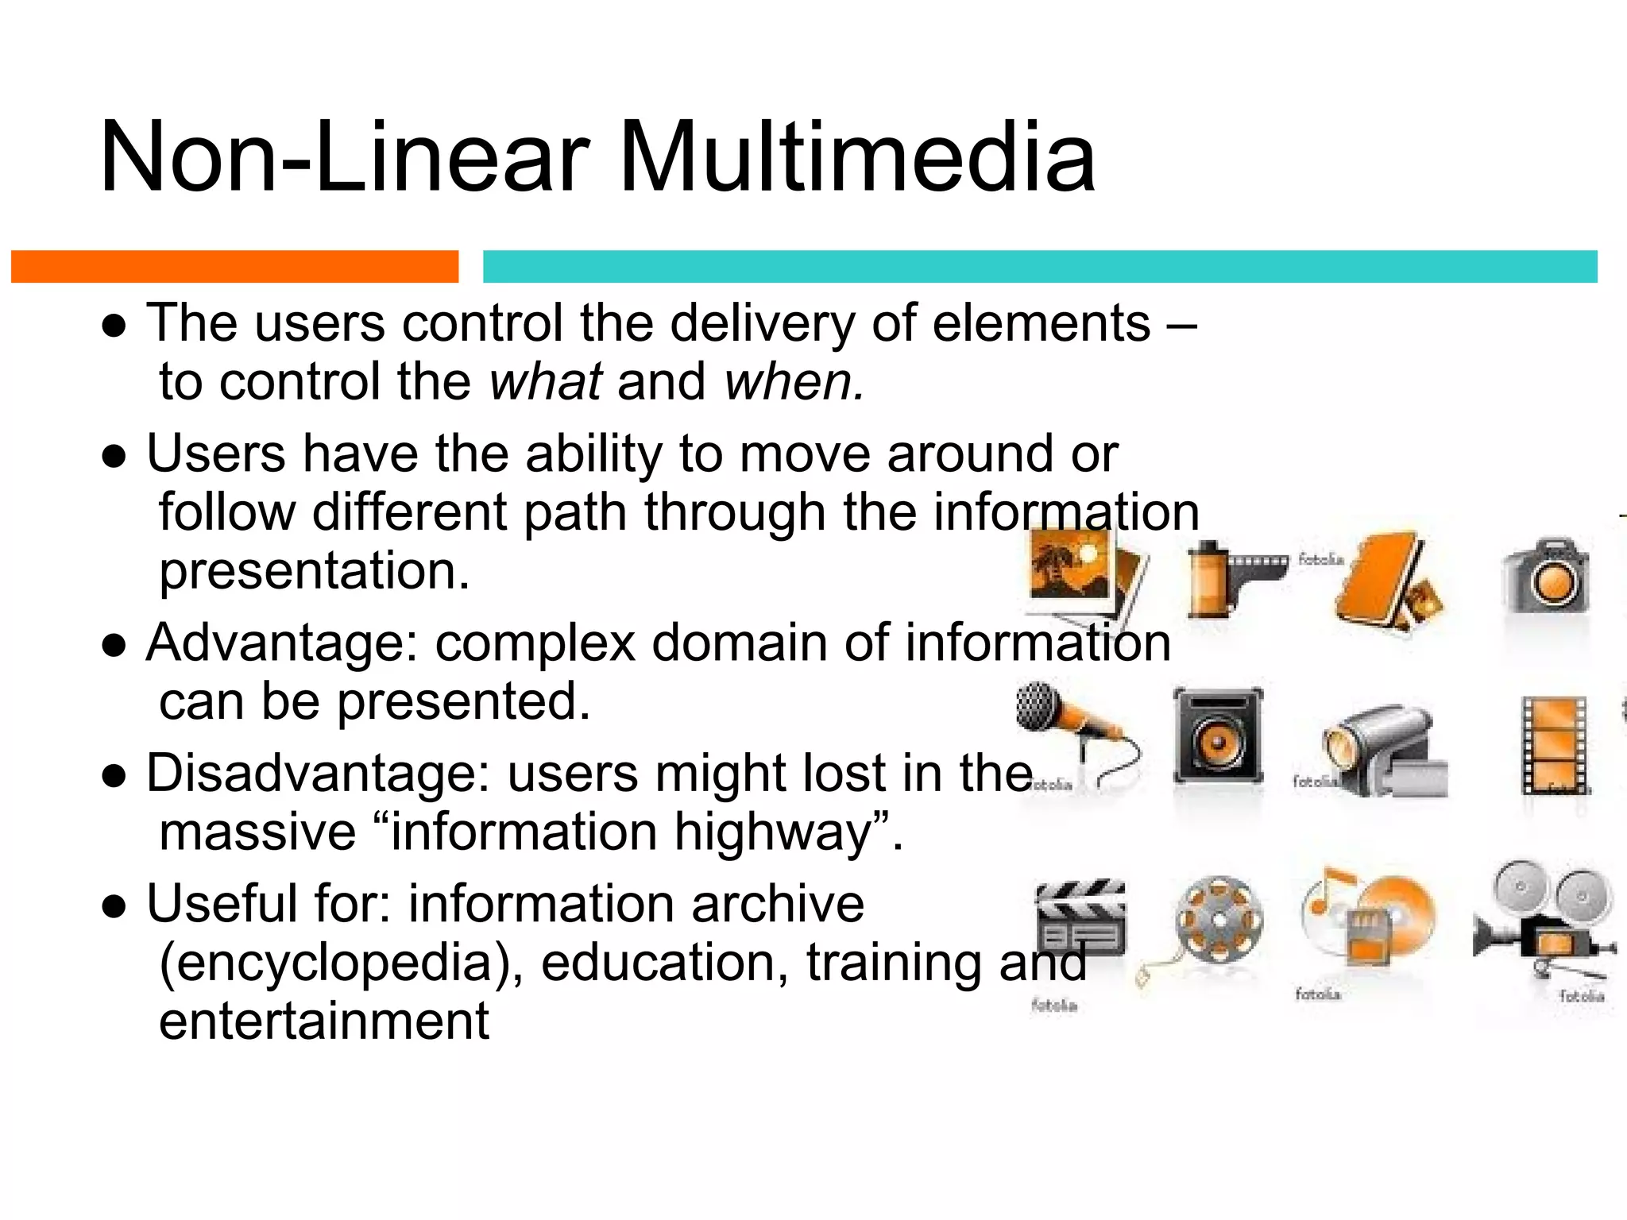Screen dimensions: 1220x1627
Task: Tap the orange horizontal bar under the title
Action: (234, 267)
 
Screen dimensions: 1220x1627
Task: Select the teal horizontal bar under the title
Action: (1039, 267)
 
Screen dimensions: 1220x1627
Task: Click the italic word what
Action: (546, 382)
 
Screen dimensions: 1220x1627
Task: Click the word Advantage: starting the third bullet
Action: (282, 643)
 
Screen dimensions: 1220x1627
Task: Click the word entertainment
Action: (324, 1021)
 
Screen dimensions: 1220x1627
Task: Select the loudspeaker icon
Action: (1218, 735)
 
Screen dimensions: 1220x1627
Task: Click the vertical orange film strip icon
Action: (1553, 745)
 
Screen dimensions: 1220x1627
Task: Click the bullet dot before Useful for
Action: (114, 905)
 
